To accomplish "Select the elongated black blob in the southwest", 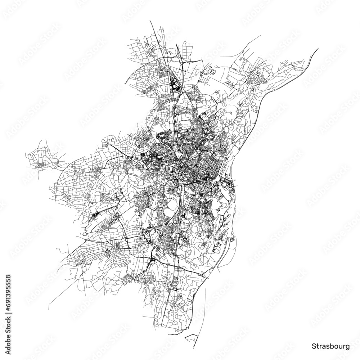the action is (96, 216).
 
